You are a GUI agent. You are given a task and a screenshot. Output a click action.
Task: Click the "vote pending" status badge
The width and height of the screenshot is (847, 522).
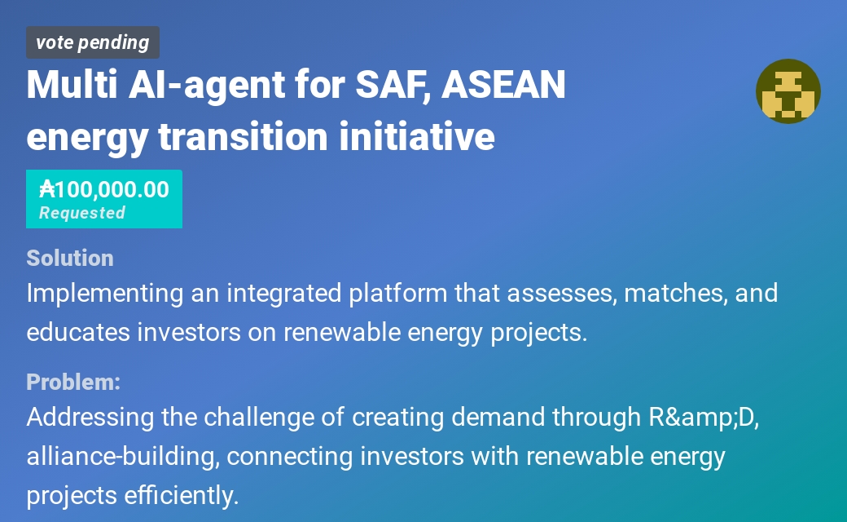pyautogui.click(x=92, y=42)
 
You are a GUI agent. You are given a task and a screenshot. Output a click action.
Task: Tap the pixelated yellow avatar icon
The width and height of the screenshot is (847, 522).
pyautogui.click(x=788, y=91)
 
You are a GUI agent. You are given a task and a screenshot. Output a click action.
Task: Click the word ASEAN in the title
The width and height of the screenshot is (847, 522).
pyautogui.click(x=503, y=85)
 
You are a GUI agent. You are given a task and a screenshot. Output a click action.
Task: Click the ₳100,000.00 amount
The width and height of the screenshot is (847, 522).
pyautogui.click(x=104, y=189)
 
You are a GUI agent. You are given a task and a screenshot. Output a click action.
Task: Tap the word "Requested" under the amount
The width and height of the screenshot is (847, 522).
pyautogui.click(x=81, y=213)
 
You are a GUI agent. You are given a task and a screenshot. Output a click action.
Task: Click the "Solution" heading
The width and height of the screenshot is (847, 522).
pyautogui.click(x=69, y=258)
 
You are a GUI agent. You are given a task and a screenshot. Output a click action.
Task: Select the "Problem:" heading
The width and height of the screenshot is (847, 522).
pyautogui.click(x=73, y=382)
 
